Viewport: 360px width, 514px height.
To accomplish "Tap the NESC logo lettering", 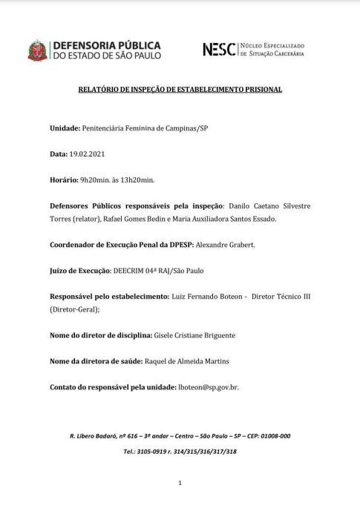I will pos(219,50).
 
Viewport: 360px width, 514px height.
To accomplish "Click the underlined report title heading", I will pos(180,89).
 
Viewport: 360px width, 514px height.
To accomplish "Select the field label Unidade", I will pos(64,128).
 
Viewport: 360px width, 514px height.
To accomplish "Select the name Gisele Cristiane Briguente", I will pos(189,335).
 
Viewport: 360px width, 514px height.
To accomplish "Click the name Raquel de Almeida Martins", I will pos(192,361).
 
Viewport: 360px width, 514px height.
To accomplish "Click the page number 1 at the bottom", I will pos(180,483).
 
